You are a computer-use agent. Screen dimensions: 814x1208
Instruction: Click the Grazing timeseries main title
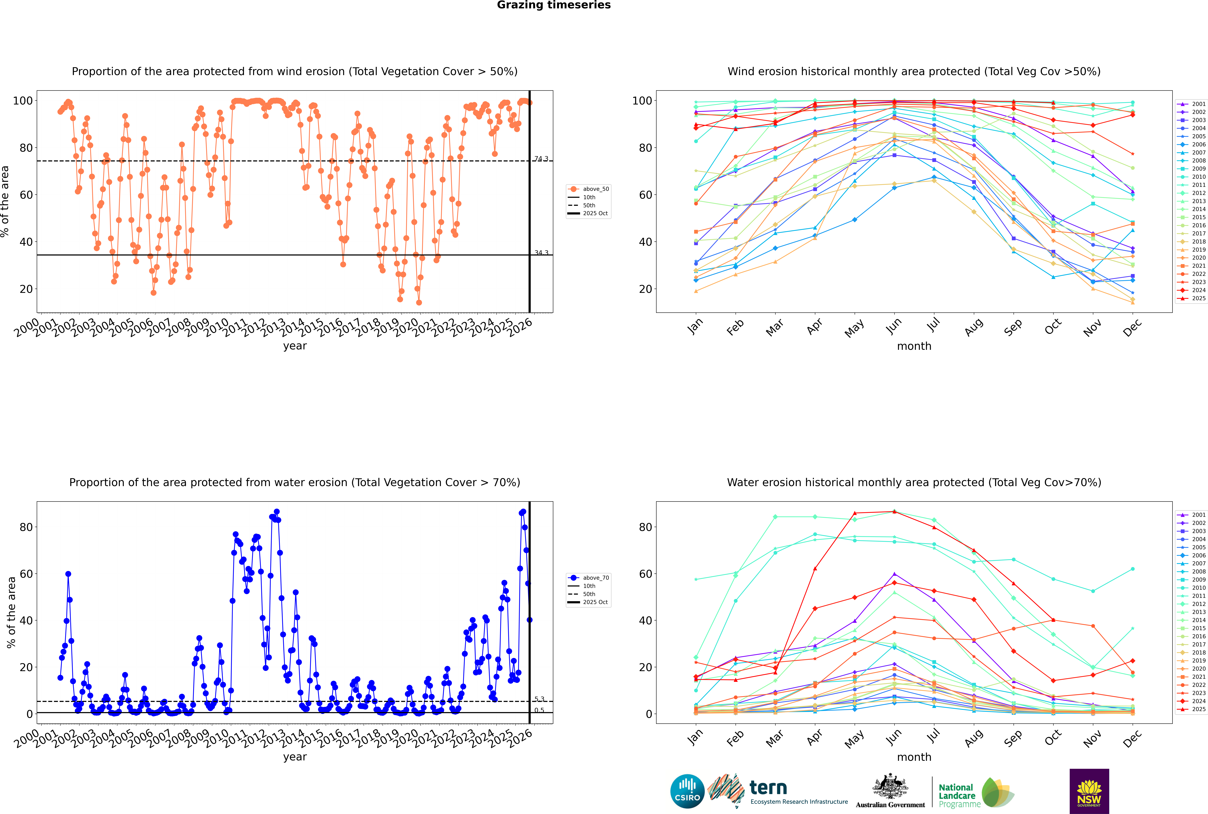tap(554, 5)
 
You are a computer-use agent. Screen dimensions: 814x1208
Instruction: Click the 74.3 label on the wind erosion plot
tap(541, 159)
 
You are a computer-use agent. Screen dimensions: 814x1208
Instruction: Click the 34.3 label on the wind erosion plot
tap(541, 253)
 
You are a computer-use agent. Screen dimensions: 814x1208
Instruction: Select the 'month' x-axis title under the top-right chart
tap(914, 346)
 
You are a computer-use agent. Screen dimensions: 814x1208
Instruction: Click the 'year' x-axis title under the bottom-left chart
tap(295, 757)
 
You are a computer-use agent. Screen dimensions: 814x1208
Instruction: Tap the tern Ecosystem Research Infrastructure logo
tap(779, 791)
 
